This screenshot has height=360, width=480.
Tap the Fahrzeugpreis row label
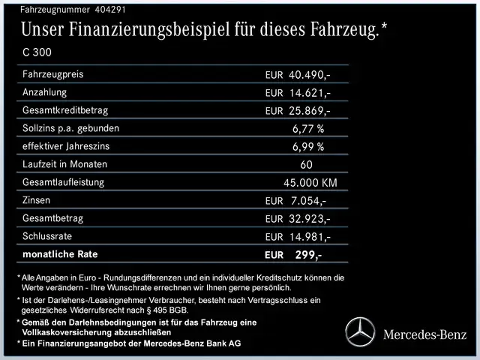[x=53, y=74]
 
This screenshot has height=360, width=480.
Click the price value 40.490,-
[x=310, y=75]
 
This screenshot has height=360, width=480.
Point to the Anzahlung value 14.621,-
[x=310, y=93]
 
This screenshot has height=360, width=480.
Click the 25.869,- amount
[x=310, y=111]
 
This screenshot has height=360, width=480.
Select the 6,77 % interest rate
[x=307, y=129]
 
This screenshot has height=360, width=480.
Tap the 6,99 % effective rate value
[x=307, y=147]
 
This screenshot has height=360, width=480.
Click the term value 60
[x=306, y=165]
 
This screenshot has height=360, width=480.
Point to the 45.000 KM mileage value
[x=310, y=183]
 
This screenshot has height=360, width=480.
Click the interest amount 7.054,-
[x=307, y=201]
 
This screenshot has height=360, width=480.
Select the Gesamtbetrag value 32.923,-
[x=310, y=219]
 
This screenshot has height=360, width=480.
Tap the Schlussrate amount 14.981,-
[x=310, y=237]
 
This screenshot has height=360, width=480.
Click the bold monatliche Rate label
[x=60, y=254]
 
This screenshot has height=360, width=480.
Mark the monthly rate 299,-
[x=308, y=255]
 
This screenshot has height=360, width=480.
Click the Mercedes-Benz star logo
[x=360, y=332]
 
